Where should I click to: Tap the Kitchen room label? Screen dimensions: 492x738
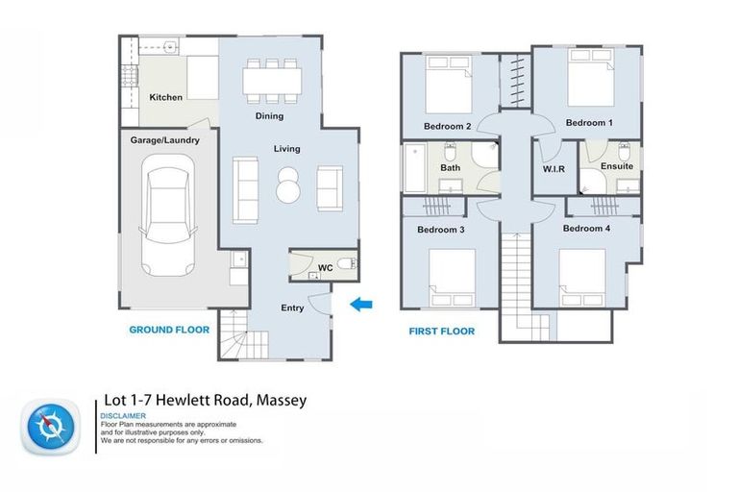pos(165,97)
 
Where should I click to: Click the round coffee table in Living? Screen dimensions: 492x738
pos(288,185)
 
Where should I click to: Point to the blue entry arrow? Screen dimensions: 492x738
pos(360,306)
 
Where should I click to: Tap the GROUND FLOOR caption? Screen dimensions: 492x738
pos(169,330)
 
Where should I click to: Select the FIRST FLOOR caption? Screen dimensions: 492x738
pos(441,331)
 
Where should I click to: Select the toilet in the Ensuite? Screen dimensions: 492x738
pos(624,153)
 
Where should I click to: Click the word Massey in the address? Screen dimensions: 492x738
pos(280,400)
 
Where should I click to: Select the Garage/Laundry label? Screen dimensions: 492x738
pos(165,140)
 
